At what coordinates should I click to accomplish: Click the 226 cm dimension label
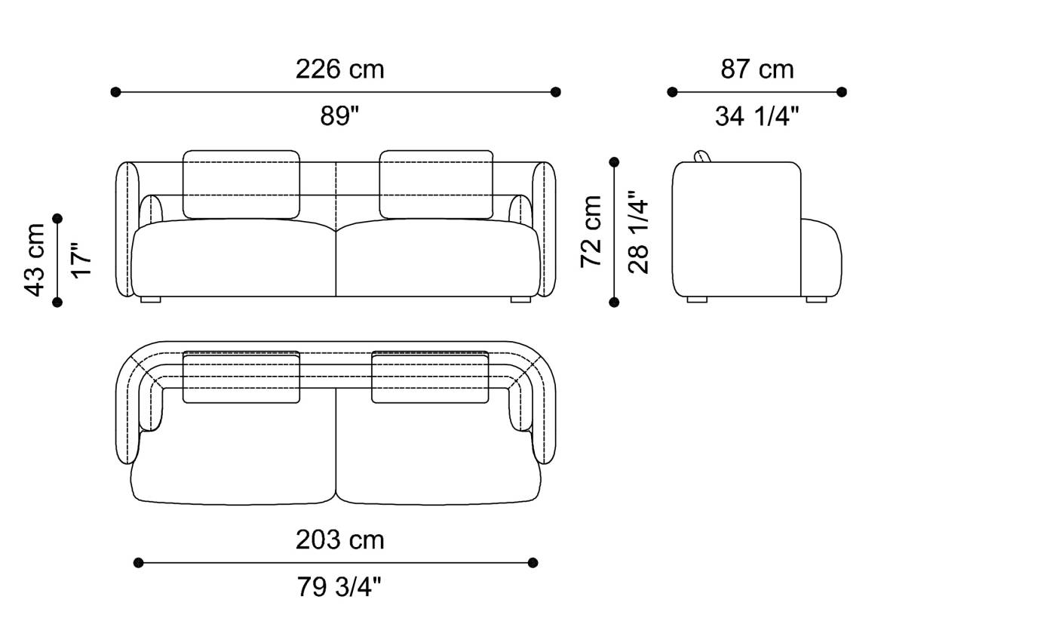pyautogui.click(x=339, y=69)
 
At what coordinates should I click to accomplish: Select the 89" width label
pyautogui.click(x=339, y=116)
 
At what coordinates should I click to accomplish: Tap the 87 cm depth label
pyautogui.click(x=757, y=69)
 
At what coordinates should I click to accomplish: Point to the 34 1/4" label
pyautogui.click(x=757, y=116)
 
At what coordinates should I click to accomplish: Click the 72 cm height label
pyautogui.click(x=591, y=231)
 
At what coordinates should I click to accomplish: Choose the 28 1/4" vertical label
pyautogui.click(x=638, y=231)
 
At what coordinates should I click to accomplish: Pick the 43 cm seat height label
pyautogui.click(x=35, y=260)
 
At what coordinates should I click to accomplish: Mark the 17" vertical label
pyautogui.click(x=81, y=260)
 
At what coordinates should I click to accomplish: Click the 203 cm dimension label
pyautogui.click(x=339, y=540)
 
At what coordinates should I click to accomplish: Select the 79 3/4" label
pyautogui.click(x=339, y=587)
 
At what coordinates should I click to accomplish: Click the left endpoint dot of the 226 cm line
pyautogui.click(x=115, y=92)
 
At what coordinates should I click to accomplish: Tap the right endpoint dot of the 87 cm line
pyautogui.click(x=842, y=92)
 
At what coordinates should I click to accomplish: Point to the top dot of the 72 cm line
pyautogui.click(x=614, y=162)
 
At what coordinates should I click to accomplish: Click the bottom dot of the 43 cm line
pyautogui.click(x=57, y=302)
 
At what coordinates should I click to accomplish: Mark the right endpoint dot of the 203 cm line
pyautogui.click(x=533, y=563)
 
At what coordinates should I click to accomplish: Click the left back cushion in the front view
pyautogui.click(x=241, y=183)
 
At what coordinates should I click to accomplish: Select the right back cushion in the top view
pyautogui.click(x=430, y=377)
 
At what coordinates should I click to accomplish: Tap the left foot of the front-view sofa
pyautogui.click(x=151, y=300)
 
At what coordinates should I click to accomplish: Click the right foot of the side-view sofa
pyautogui.click(x=816, y=300)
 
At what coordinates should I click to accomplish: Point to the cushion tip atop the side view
pyautogui.click(x=702, y=156)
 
